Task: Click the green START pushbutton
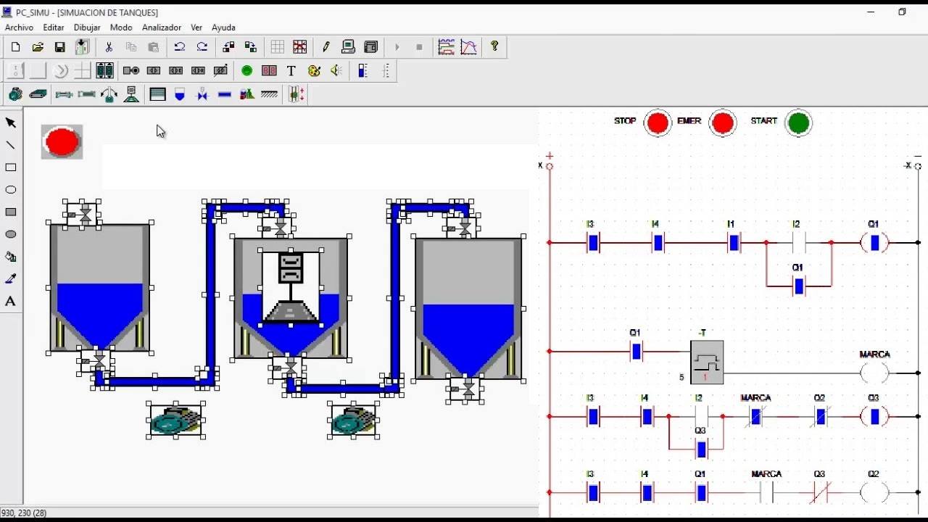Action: tap(798, 123)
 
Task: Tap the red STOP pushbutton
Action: tap(657, 123)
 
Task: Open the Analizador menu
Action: tap(161, 28)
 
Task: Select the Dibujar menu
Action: tap(87, 28)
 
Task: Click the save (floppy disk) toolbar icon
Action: tap(59, 47)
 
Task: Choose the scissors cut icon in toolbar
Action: tap(109, 47)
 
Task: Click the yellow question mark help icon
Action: tap(494, 46)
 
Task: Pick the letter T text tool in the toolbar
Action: tap(291, 71)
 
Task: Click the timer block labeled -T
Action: tap(707, 362)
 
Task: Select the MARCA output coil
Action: tap(874, 373)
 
